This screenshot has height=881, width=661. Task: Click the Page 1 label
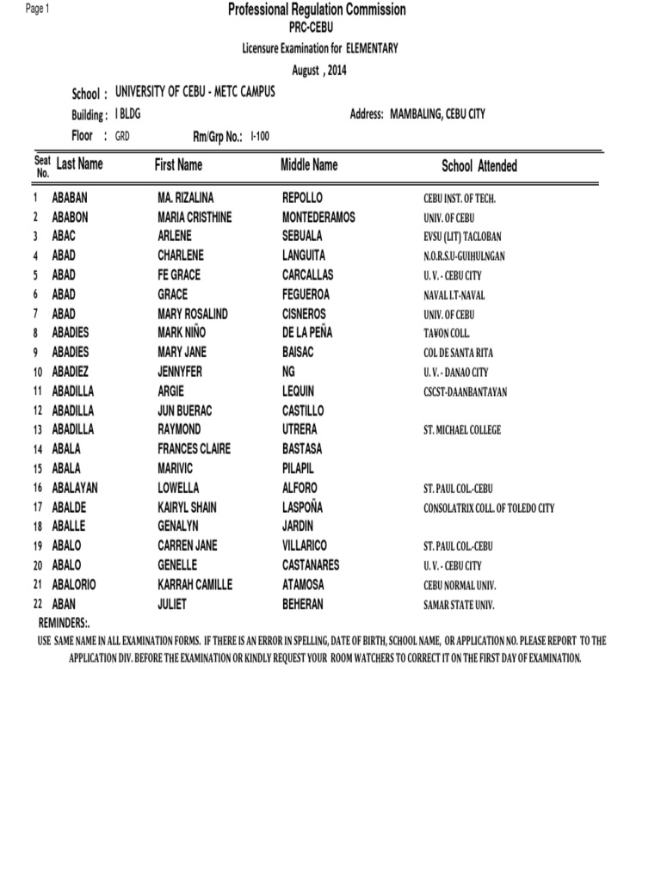point(38,9)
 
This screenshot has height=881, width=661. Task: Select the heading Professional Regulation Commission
point(317,9)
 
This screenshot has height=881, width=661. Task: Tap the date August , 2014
point(318,71)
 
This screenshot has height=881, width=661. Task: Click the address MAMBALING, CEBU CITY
point(437,114)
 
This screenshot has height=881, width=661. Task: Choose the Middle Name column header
point(309,164)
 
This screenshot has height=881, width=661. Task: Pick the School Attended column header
point(479,166)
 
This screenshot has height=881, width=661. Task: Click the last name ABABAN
point(70,198)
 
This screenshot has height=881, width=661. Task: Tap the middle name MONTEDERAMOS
point(318,218)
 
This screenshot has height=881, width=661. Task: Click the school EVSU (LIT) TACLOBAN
point(462,237)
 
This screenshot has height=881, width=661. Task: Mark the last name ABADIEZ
point(71,372)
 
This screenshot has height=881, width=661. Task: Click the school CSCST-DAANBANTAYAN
point(466,392)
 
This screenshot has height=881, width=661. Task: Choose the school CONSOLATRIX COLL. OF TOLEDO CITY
point(489,508)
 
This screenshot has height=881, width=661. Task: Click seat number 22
point(38,605)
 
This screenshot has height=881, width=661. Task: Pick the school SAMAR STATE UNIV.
point(459,606)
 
